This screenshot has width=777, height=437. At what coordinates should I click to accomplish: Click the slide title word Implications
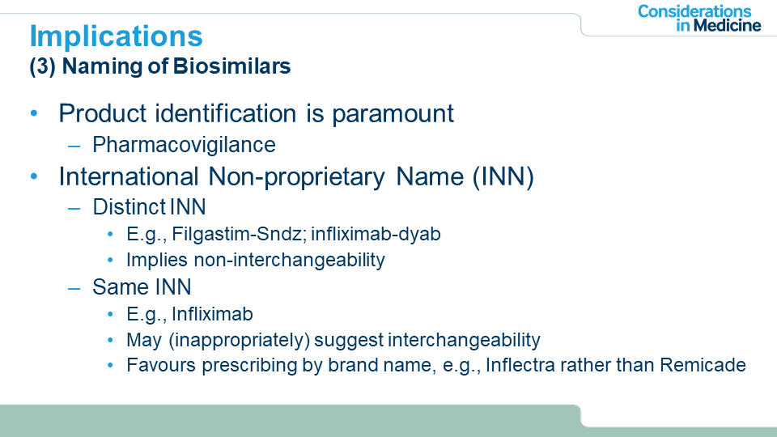pyautogui.click(x=117, y=36)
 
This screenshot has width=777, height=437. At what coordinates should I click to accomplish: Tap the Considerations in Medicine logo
pyautogui.click(x=699, y=19)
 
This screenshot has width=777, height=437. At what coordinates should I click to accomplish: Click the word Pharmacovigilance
pyautogui.click(x=184, y=145)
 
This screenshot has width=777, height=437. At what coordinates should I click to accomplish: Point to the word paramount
pyautogui.click(x=393, y=114)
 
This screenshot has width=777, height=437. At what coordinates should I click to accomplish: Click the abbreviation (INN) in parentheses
pyautogui.click(x=503, y=177)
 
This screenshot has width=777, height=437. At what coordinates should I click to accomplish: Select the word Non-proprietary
pyautogui.click(x=296, y=177)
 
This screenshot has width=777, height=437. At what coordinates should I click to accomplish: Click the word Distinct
pyautogui.click(x=129, y=207)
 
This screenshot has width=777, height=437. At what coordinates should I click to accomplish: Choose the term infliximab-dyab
pyautogui.click(x=376, y=234)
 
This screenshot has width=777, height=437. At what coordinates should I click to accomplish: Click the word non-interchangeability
pyautogui.click(x=290, y=260)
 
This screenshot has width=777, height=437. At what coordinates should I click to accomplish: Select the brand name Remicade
pyautogui.click(x=703, y=365)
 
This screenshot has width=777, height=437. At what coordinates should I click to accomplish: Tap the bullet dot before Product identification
pyautogui.click(x=34, y=113)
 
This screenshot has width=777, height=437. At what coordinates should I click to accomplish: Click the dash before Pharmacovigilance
pyautogui.click(x=74, y=146)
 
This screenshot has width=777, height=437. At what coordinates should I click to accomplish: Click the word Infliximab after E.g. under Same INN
pyautogui.click(x=212, y=314)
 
